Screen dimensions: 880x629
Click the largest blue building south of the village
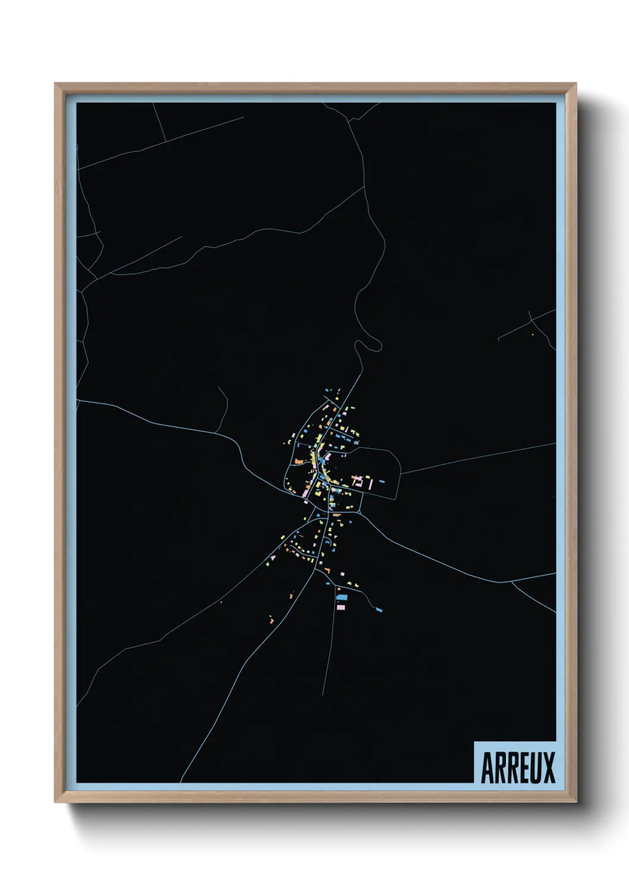[342, 596]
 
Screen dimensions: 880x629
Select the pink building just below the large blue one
[341, 606]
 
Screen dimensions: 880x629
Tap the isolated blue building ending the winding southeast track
[379, 609]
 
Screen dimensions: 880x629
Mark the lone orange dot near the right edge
[533, 335]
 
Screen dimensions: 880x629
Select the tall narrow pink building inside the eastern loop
[372, 485]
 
